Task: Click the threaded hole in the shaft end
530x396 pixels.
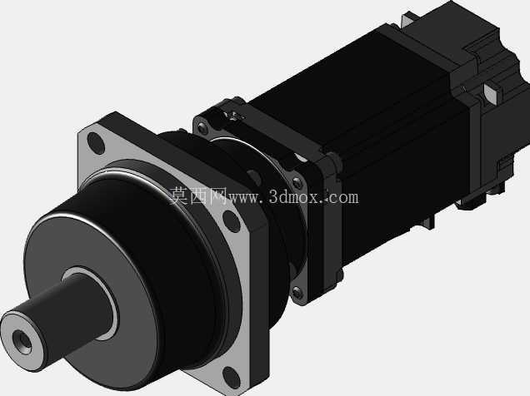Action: point(22,342)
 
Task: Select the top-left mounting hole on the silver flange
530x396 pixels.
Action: point(96,143)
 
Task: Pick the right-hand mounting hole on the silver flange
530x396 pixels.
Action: point(232,221)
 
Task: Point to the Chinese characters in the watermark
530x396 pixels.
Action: point(197,196)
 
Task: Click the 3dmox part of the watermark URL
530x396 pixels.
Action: point(293,198)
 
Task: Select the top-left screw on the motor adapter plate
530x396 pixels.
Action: point(202,128)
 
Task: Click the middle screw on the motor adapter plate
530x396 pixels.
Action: point(297,182)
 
